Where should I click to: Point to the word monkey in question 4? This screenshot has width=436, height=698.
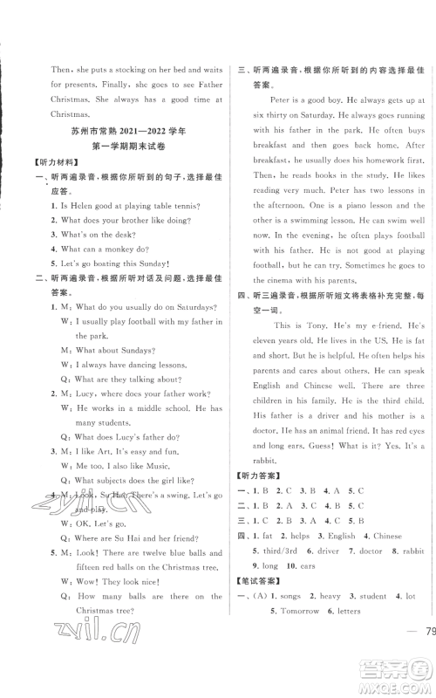pos(133,249)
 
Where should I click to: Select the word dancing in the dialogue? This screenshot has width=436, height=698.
pos(129,363)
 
